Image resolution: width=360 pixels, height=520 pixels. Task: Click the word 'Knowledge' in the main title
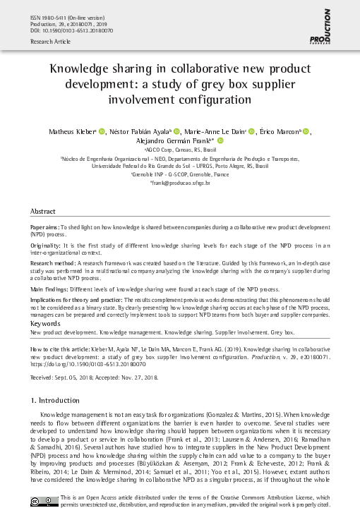point(78,69)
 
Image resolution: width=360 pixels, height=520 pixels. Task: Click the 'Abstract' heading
point(43,212)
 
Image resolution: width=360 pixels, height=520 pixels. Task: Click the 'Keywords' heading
point(46,324)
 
